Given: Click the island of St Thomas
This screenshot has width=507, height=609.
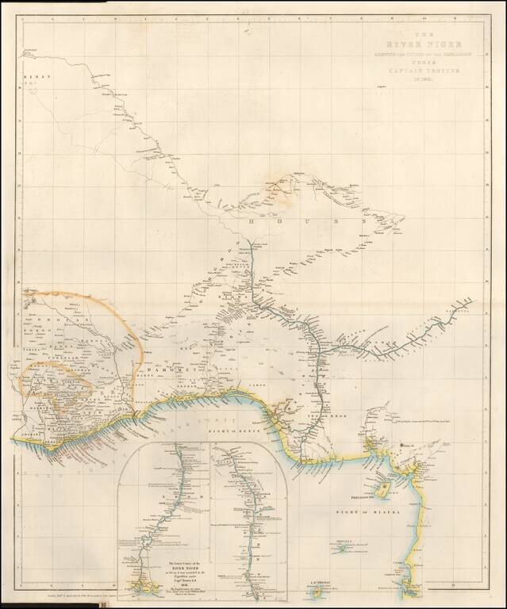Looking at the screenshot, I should (x=319, y=591).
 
